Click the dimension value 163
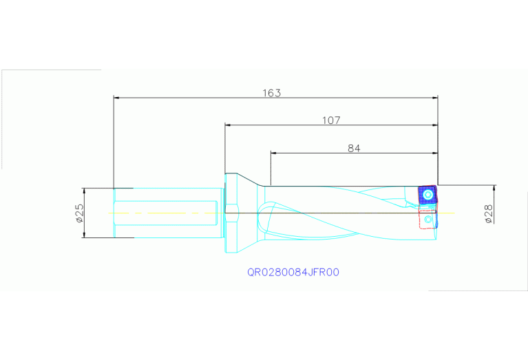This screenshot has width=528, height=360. click(272, 93)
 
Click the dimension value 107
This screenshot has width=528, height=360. click(331, 120)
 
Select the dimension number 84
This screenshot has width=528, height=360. click(354, 148)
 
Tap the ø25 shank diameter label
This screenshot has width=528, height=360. click(79, 213)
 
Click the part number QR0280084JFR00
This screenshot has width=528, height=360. click(293, 272)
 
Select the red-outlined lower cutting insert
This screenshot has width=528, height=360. click(428, 220)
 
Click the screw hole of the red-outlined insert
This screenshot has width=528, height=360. click(430, 220)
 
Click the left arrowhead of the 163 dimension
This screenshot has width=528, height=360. click(118, 98)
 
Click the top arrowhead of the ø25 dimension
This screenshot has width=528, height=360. click(83, 191)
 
